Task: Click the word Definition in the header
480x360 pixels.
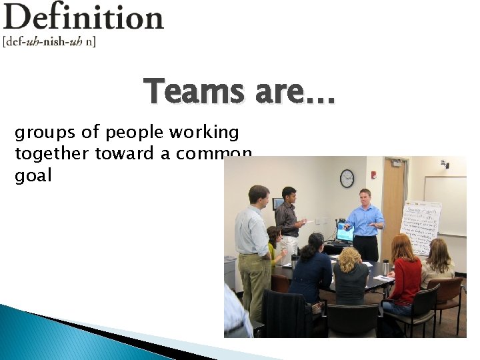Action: pyautogui.click(x=83, y=17)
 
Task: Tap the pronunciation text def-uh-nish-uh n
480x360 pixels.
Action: pyautogui.click(x=49, y=41)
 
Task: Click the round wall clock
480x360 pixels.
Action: pyautogui.click(x=347, y=178)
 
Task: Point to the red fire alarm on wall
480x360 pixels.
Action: pyautogui.click(x=373, y=175)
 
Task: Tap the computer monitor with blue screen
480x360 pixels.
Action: pyautogui.click(x=345, y=232)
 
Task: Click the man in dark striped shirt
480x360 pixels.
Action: pyautogui.click(x=288, y=217)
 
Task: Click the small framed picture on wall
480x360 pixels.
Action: pyautogui.click(x=278, y=203)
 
